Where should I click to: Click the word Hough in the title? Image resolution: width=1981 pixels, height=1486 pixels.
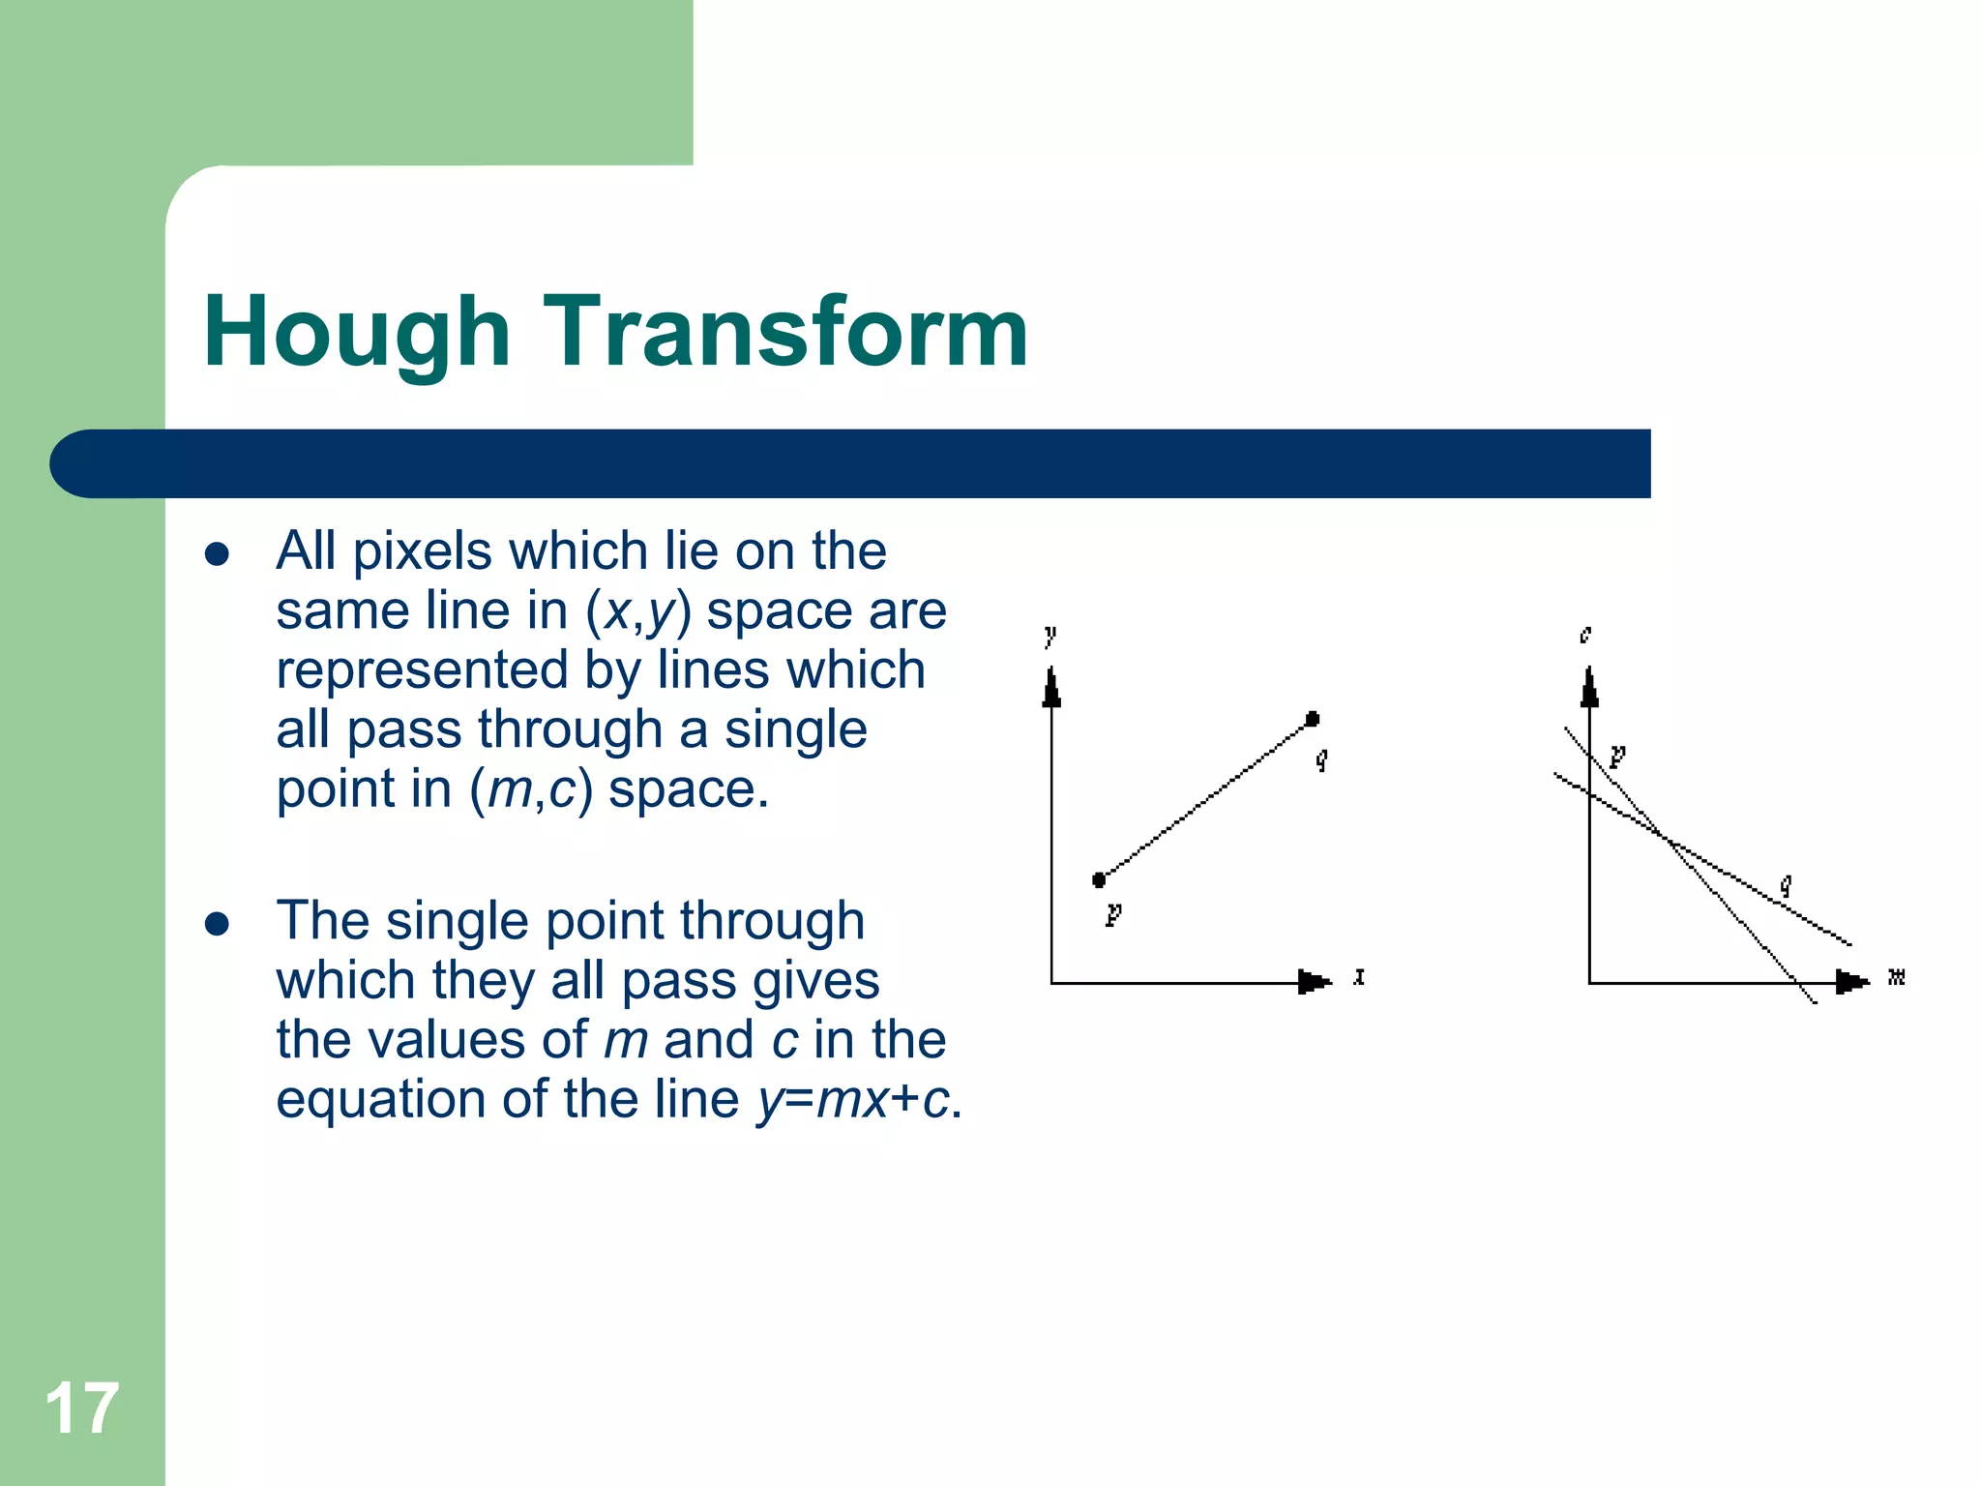click(x=356, y=334)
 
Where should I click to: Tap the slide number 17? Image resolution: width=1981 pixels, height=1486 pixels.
click(x=81, y=1409)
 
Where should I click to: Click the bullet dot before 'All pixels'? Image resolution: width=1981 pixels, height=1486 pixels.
click(x=217, y=554)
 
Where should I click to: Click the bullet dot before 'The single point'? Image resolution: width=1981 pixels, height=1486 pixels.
click(x=217, y=924)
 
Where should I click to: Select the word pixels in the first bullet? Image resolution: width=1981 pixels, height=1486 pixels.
click(x=422, y=551)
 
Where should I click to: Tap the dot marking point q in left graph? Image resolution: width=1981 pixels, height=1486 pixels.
click(x=1313, y=719)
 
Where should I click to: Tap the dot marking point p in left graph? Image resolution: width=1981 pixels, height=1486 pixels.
click(x=1099, y=879)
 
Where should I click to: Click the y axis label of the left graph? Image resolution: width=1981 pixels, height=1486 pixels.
click(x=1050, y=637)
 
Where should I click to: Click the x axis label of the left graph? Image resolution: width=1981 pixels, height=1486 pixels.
click(x=1359, y=977)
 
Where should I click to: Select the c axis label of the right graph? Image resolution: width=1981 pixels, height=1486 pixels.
click(x=1585, y=635)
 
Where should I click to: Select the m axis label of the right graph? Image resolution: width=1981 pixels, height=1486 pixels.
click(x=1896, y=977)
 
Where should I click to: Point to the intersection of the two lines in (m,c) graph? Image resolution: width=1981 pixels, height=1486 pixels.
click(x=1666, y=838)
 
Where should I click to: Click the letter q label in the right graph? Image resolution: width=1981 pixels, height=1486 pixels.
click(x=1787, y=884)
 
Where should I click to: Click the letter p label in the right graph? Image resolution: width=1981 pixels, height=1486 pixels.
click(x=1617, y=755)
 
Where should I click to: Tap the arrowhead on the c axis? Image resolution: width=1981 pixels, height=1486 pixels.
click(x=1589, y=688)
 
